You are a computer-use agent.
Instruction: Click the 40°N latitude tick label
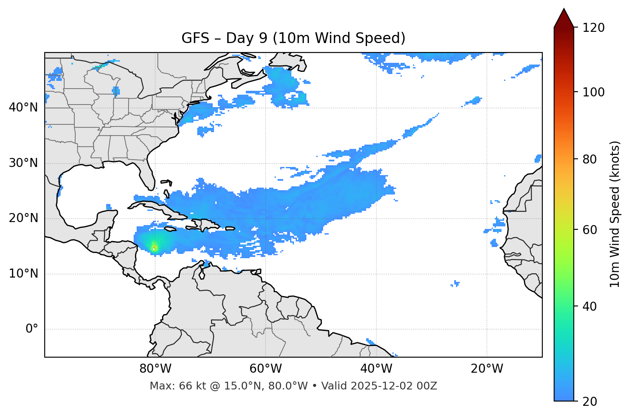23,108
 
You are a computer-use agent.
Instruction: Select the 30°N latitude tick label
23,163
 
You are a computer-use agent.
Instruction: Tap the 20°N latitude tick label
23,218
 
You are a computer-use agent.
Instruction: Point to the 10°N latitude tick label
23,274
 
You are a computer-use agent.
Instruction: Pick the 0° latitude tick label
32,329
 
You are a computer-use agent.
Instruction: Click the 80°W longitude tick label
155,369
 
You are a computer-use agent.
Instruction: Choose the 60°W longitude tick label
266,369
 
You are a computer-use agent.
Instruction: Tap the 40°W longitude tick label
376,369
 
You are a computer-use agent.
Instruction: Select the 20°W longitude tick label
486,369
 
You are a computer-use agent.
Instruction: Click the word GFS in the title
195,38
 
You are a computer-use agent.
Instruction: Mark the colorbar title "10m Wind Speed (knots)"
615,214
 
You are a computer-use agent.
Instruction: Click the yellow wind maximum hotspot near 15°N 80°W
154,247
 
